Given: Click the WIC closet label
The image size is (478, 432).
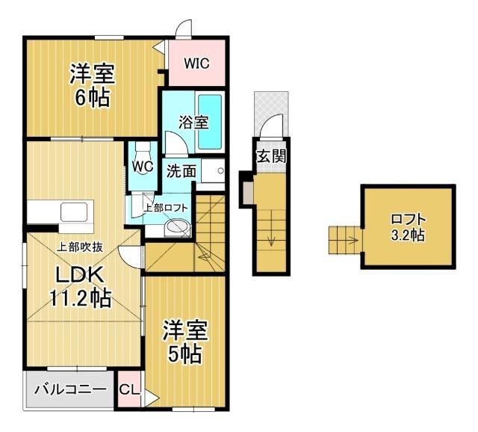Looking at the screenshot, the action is [196, 64].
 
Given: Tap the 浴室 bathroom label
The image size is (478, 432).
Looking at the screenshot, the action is [193, 122].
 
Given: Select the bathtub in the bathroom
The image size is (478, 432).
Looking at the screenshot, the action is [210, 122].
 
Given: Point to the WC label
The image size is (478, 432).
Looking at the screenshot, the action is [143, 166].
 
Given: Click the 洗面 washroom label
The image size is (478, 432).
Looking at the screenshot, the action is [181, 171].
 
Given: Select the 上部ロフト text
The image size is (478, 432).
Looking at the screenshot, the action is [166, 208].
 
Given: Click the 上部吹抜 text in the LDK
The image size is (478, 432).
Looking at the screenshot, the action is [80, 247].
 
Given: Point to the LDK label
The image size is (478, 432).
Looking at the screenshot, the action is [80, 275].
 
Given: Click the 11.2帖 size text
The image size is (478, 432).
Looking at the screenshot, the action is [80, 297].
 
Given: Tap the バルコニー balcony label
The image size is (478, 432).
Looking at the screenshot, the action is [70, 389].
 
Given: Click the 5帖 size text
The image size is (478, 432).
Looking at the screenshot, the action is [184, 354].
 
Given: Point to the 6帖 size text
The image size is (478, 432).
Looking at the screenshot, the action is [92, 97].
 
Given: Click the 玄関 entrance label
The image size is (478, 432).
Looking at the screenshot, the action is [271, 156].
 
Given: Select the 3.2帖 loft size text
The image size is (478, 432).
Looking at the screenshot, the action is [407, 235].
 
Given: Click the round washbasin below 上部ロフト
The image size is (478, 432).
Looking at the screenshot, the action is [177, 228].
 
